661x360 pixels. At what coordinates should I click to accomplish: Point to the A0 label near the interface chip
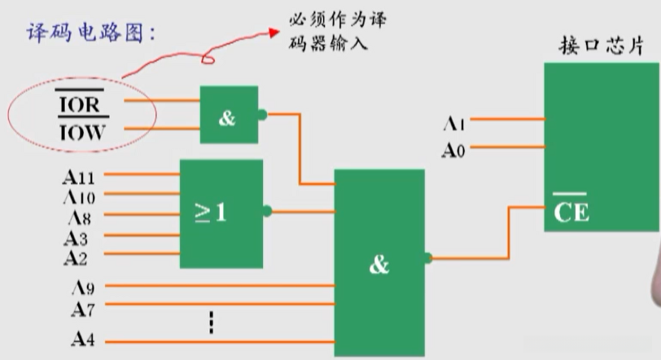tap(453, 150)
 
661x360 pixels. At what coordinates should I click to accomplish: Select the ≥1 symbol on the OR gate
tap(209, 213)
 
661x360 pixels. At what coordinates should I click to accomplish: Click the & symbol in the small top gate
tap(227, 117)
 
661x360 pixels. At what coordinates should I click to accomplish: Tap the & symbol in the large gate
tap(379, 264)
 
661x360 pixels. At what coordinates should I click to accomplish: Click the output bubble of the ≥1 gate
tap(267, 212)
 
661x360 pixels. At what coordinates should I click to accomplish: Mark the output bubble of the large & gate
tap(428, 259)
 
